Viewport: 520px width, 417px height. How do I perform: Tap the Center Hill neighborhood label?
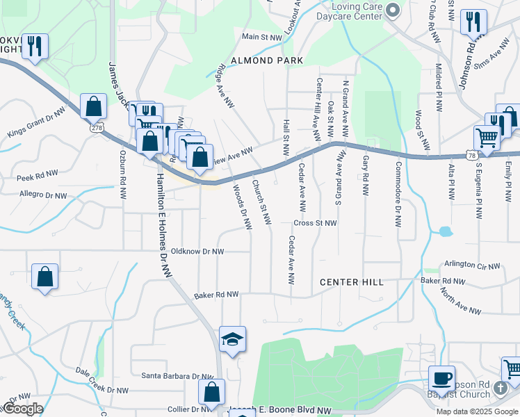click(351, 282)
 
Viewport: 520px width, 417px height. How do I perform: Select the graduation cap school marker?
click(232, 339)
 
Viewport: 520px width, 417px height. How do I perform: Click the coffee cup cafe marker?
click(441, 379)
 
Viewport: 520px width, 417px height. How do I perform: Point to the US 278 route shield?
click(97, 128)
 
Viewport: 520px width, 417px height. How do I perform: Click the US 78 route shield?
click(472, 156)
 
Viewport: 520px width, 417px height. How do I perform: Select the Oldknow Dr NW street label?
click(197, 251)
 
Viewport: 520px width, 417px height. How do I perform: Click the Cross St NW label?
click(315, 223)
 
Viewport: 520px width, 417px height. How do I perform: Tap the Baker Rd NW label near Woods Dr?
click(218, 295)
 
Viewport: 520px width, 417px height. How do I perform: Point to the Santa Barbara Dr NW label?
click(178, 376)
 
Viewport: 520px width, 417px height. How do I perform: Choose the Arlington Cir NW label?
click(473, 265)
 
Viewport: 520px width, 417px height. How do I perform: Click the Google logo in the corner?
click(22, 409)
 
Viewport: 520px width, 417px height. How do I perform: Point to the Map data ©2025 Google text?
click(476, 411)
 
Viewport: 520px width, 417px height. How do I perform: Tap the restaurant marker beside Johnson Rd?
click(473, 23)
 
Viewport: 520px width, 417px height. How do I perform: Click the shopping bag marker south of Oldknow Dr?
click(45, 277)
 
